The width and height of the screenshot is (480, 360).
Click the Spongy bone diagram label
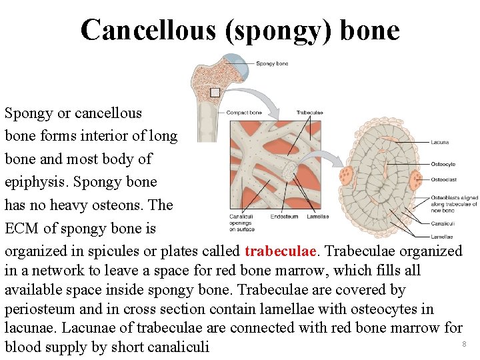pos(272,63)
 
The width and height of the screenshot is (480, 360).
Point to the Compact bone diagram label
pos(245,113)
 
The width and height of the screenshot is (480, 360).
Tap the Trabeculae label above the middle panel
pos(309,113)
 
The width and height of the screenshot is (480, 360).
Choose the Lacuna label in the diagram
pos(439,142)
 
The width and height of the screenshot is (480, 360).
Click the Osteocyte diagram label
pos(443,164)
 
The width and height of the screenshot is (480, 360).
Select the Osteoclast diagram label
pos(443,179)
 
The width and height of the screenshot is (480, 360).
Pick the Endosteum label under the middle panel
pos(284,217)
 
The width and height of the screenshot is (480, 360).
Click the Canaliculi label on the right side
pos(443,223)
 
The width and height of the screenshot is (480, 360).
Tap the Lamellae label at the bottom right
pos(441,237)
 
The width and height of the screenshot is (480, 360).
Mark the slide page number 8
pos(464,344)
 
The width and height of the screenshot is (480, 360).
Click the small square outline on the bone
pos(215,92)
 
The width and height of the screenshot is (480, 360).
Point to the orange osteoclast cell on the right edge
pos(416,179)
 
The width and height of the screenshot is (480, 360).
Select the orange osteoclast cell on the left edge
pos(346,177)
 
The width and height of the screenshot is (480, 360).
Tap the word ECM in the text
pos(22,228)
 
